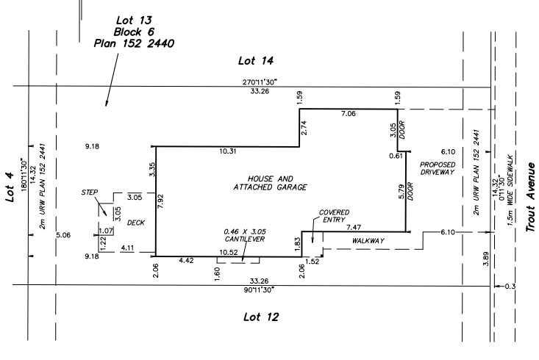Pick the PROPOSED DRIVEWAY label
pyautogui.click(x=439, y=167)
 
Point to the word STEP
pyautogui.click(x=90, y=192)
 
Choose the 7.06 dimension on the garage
pyautogui.click(x=349, y=114)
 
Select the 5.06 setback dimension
pyautogui.click(x=63, y=235)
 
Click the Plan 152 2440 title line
pyautogui.click(x=133, y=43)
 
